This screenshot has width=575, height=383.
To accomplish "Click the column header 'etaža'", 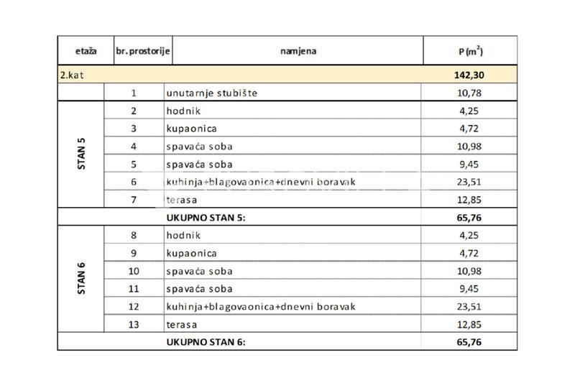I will pos(81,52).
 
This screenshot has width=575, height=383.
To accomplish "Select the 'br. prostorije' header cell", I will pos(142,52).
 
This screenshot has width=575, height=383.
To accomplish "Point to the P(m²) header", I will pos(469,52).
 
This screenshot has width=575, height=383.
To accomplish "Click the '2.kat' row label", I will pos(73,75).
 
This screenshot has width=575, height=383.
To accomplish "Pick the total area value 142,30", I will pos(467,75).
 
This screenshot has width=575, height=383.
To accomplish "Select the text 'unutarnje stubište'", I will pos(211,93).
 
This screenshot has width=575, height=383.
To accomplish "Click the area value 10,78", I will pos(467,93).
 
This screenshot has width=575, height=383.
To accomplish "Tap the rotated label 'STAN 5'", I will pos(81,155).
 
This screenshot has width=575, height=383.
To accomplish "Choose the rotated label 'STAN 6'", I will pos(81,280).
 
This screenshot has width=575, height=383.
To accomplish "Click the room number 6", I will pos(134,182).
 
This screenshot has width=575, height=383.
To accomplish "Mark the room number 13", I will pos(134,324).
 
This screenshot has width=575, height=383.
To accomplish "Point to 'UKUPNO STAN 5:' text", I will pos(206,217).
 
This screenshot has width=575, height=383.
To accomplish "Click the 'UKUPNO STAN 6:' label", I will pos(206,342).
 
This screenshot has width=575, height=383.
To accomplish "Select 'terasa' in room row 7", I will pos(180,200).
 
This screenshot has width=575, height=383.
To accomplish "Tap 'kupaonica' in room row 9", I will pos(190,253).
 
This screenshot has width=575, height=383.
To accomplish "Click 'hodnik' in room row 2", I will pos(182,111).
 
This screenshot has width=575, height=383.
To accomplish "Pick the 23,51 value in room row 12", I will pos(467,306).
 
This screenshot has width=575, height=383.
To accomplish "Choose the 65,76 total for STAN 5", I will pos(467,217).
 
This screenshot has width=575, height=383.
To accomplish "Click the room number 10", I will pos(134,271).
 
